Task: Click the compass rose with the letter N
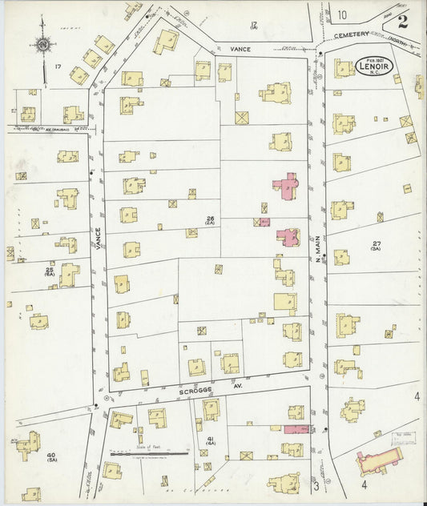pos(42,45)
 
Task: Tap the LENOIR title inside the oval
pos(374,67)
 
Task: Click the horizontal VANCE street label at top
pos(241,49)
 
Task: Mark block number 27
pos(374,243)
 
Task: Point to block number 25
pos(50,270)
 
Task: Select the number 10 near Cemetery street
pos(341,14)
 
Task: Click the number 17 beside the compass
pos(58,65)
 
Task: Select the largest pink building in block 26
pos(285,186)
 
